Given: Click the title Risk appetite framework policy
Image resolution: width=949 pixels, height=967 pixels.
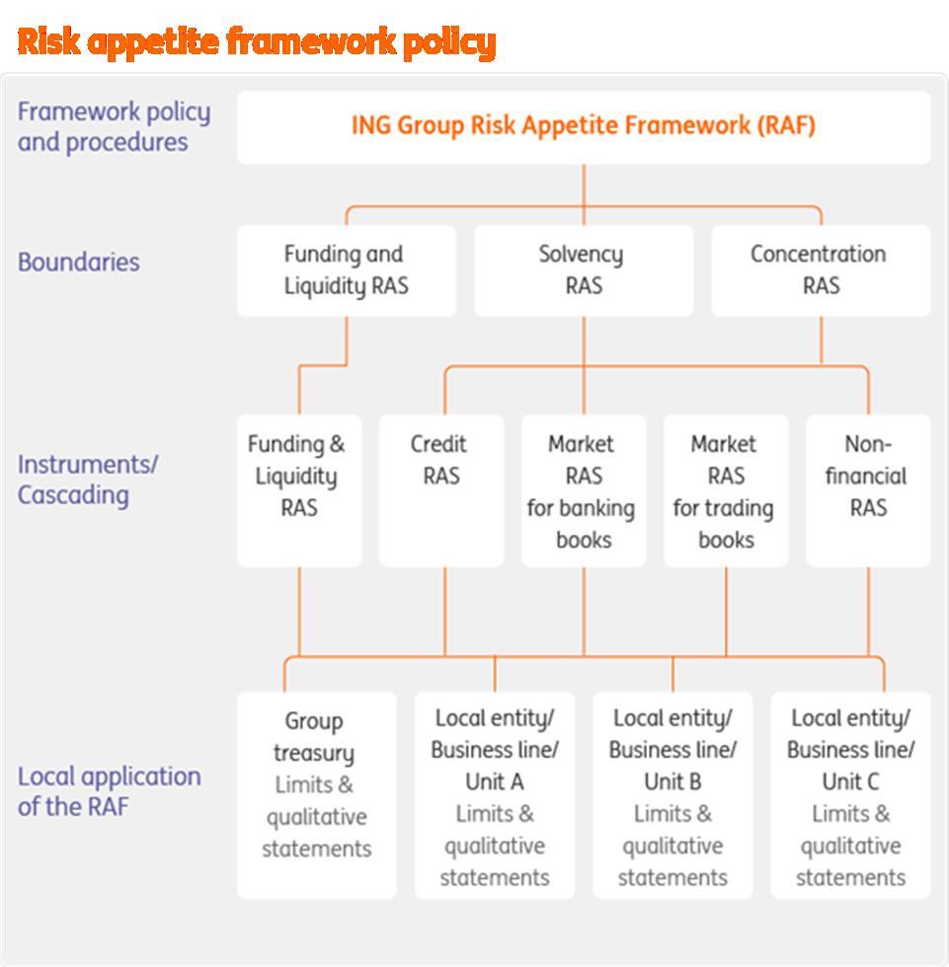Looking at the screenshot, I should (x=256, y=41).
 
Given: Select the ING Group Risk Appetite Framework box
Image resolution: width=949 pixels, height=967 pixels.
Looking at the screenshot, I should (x=583, y=127).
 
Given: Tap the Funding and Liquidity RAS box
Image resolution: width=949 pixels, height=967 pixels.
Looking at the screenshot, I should (x=346, y=269).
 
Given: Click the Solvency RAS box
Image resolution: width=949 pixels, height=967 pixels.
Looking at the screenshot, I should (x=583, y=269).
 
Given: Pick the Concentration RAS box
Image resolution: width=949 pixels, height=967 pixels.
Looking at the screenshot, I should (x=820, y=269).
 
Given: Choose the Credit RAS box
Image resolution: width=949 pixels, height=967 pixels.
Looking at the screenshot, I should (x=440, y=489).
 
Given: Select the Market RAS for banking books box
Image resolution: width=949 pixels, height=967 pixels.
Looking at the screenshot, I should (x=583, y=489).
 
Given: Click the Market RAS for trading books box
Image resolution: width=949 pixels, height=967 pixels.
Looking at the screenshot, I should (x=726, y=489).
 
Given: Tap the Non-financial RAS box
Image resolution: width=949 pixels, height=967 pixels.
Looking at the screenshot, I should (x=867, y=489).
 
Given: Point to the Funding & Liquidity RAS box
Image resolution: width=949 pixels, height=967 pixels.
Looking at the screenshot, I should (x=298, y=489).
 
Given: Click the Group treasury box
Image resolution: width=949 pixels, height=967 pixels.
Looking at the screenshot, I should (x=316, y=794).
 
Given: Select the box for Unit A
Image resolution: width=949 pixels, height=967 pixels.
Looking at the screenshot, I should (x=494, y=794).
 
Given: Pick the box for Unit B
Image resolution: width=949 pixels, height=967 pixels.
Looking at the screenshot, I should (x=672, y=794).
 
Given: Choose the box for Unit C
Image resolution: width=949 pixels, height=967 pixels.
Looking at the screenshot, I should (x=849, y=794).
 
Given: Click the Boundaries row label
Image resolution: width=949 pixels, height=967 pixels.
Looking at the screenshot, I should (x=78, y=262).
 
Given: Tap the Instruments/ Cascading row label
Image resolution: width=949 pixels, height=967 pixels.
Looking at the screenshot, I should (x=87, y=479).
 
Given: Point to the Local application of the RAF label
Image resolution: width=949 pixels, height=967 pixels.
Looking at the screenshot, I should (x=109, y=790).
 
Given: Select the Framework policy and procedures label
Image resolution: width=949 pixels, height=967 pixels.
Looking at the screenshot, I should (x=114, y=126).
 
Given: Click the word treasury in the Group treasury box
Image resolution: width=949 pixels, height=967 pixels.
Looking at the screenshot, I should (x=314, y=753).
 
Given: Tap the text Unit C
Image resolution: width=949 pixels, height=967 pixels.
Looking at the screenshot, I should (x=849, y=781).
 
